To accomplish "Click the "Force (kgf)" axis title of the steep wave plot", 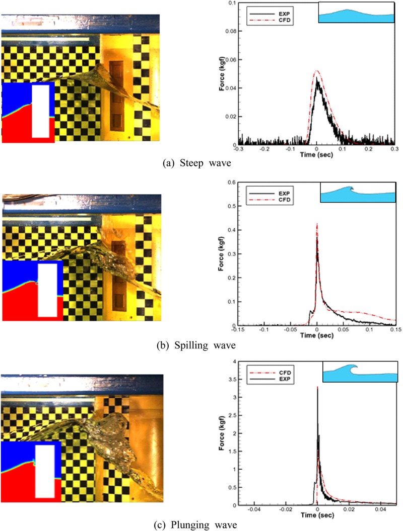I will [221, 75].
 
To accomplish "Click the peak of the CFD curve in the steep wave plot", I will [316, 71].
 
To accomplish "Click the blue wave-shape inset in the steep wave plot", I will [355, 13].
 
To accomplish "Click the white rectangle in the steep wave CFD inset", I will [41, 111].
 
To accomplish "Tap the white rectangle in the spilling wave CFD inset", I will [48, 290].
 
